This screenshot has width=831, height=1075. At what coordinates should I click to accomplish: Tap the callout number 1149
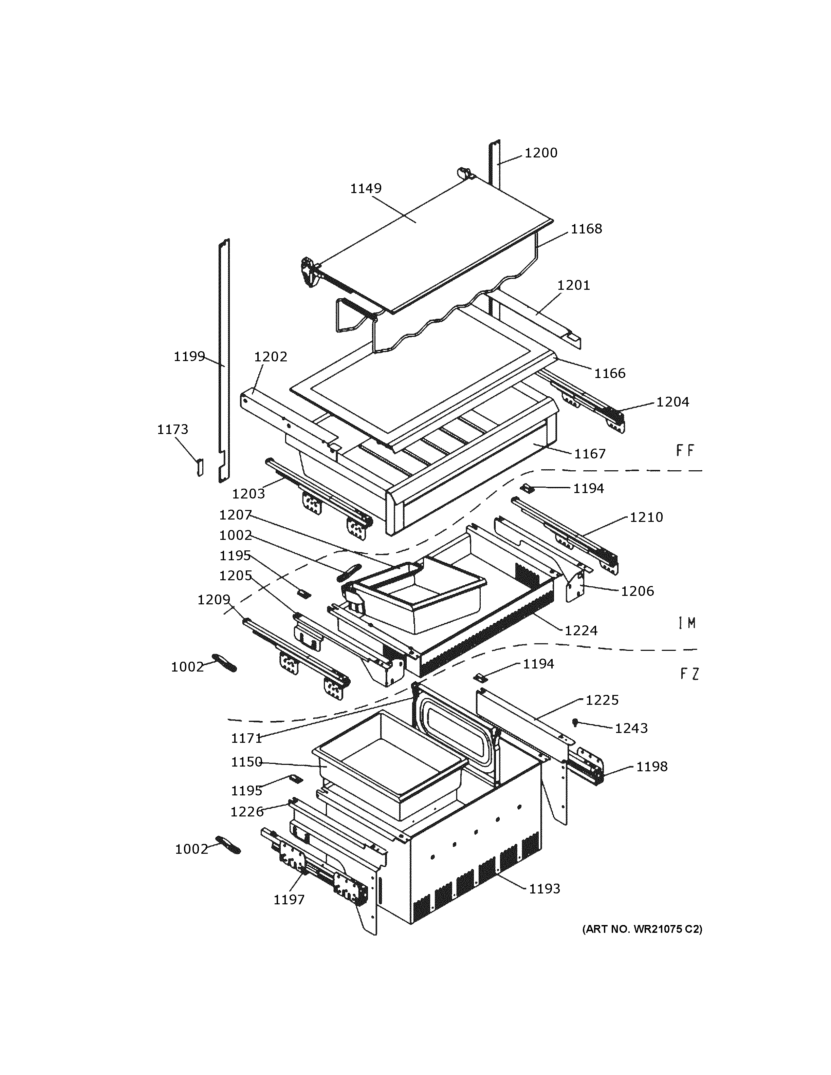[366, 189]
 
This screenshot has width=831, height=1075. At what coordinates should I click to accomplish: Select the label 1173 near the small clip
[172, 430]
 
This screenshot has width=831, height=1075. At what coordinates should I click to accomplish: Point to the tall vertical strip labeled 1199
[224, 359]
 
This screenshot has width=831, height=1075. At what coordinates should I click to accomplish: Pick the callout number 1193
[544, 889]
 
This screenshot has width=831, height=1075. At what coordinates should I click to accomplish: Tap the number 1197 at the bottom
[289, 900]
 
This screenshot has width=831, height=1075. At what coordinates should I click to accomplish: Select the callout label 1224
[581, 630]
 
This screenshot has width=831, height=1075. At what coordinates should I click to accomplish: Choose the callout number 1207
[235, 515]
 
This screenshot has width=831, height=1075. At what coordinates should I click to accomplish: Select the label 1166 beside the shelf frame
[609, 374]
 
